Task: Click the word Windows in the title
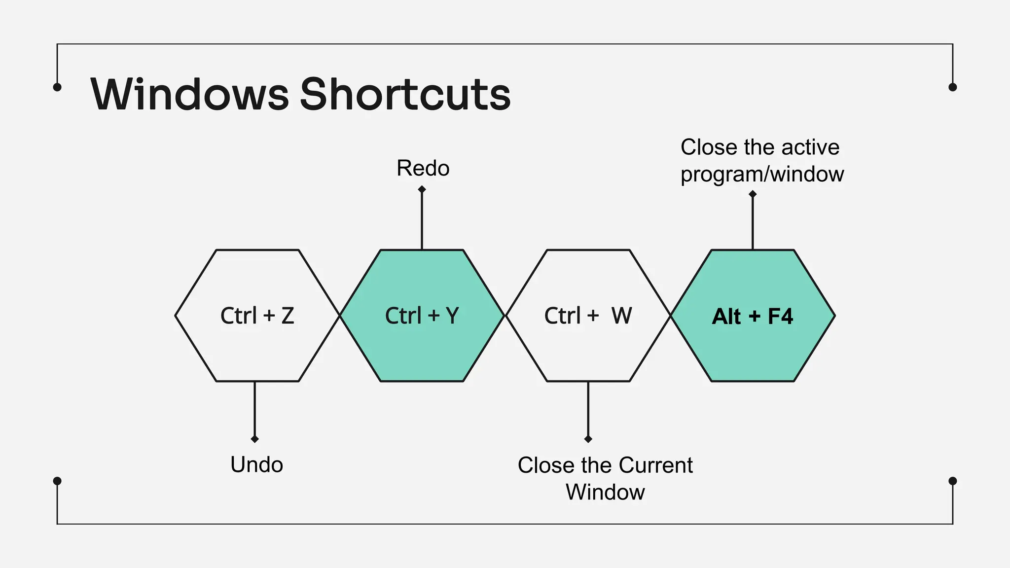(189, 94)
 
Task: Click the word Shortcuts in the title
(405, 94)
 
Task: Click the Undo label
(256, 464)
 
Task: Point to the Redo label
(423, 168)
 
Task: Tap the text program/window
(762, 174)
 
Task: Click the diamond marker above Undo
(254, 439)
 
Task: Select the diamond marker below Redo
(422, 189)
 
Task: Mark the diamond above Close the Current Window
(588, 439)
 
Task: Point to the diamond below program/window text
(753, 194)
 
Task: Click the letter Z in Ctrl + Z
(288, 316)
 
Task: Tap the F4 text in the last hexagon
(780, 317)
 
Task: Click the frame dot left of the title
(57, 87)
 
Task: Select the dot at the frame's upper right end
(953, 87)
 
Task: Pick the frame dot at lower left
(57, 481)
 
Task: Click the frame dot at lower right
(953, 481)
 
